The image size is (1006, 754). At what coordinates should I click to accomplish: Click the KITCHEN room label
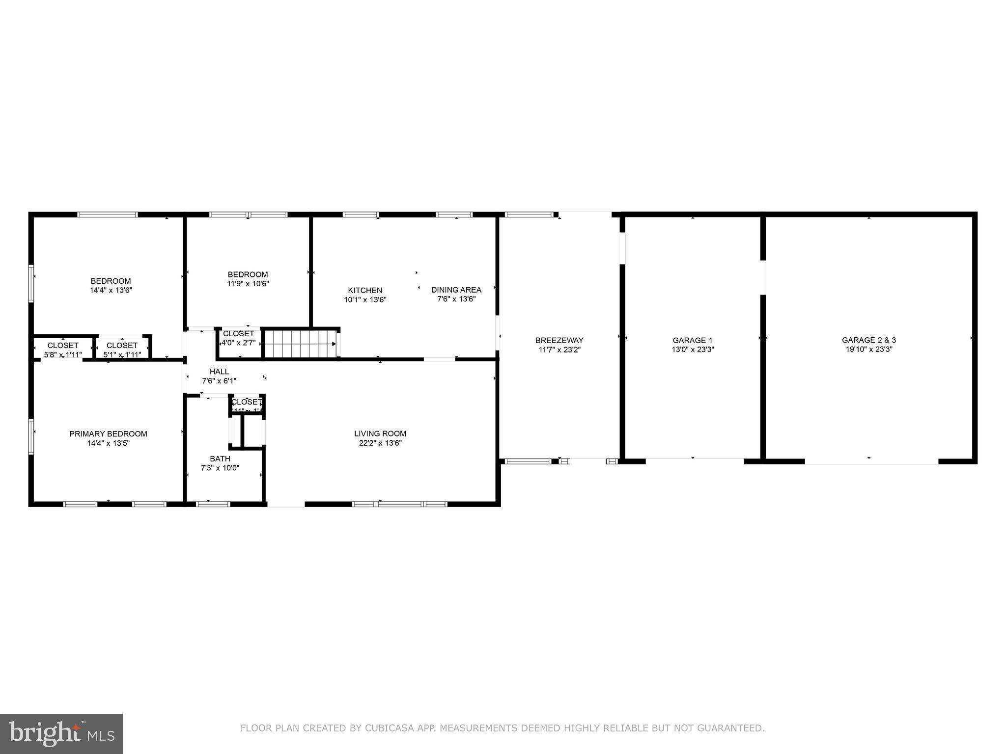point(365,291)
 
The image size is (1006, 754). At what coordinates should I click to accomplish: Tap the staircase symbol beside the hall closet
point(300,344)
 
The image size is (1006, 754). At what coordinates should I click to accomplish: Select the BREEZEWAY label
point(559,340)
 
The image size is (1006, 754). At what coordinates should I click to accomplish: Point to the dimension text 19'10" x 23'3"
point(868,350)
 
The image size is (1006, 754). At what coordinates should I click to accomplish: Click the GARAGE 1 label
point(692,340)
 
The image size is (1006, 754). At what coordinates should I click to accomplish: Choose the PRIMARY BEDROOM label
point(108,434)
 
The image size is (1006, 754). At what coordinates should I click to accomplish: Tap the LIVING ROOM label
point(380,433)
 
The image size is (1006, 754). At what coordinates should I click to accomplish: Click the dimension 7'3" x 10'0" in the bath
point(220,468)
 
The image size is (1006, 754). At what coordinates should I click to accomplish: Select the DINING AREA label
point(456,290)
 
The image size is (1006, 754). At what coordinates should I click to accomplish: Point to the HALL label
point(219,372)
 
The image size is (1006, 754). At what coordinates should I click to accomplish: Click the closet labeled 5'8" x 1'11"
point(63,350)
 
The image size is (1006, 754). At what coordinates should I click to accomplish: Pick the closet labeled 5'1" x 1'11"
point(122,350)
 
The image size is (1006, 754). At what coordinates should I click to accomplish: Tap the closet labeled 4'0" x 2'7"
point(239,338)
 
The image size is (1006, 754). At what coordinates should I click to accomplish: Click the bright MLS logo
point(61,733)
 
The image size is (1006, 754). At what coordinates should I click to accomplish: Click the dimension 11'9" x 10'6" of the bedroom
point(248,284)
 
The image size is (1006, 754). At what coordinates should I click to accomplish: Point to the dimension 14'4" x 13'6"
point(111,290)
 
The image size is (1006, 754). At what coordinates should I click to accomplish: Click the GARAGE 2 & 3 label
point(868,340)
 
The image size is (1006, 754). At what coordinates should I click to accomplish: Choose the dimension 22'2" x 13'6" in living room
point(380,443)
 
